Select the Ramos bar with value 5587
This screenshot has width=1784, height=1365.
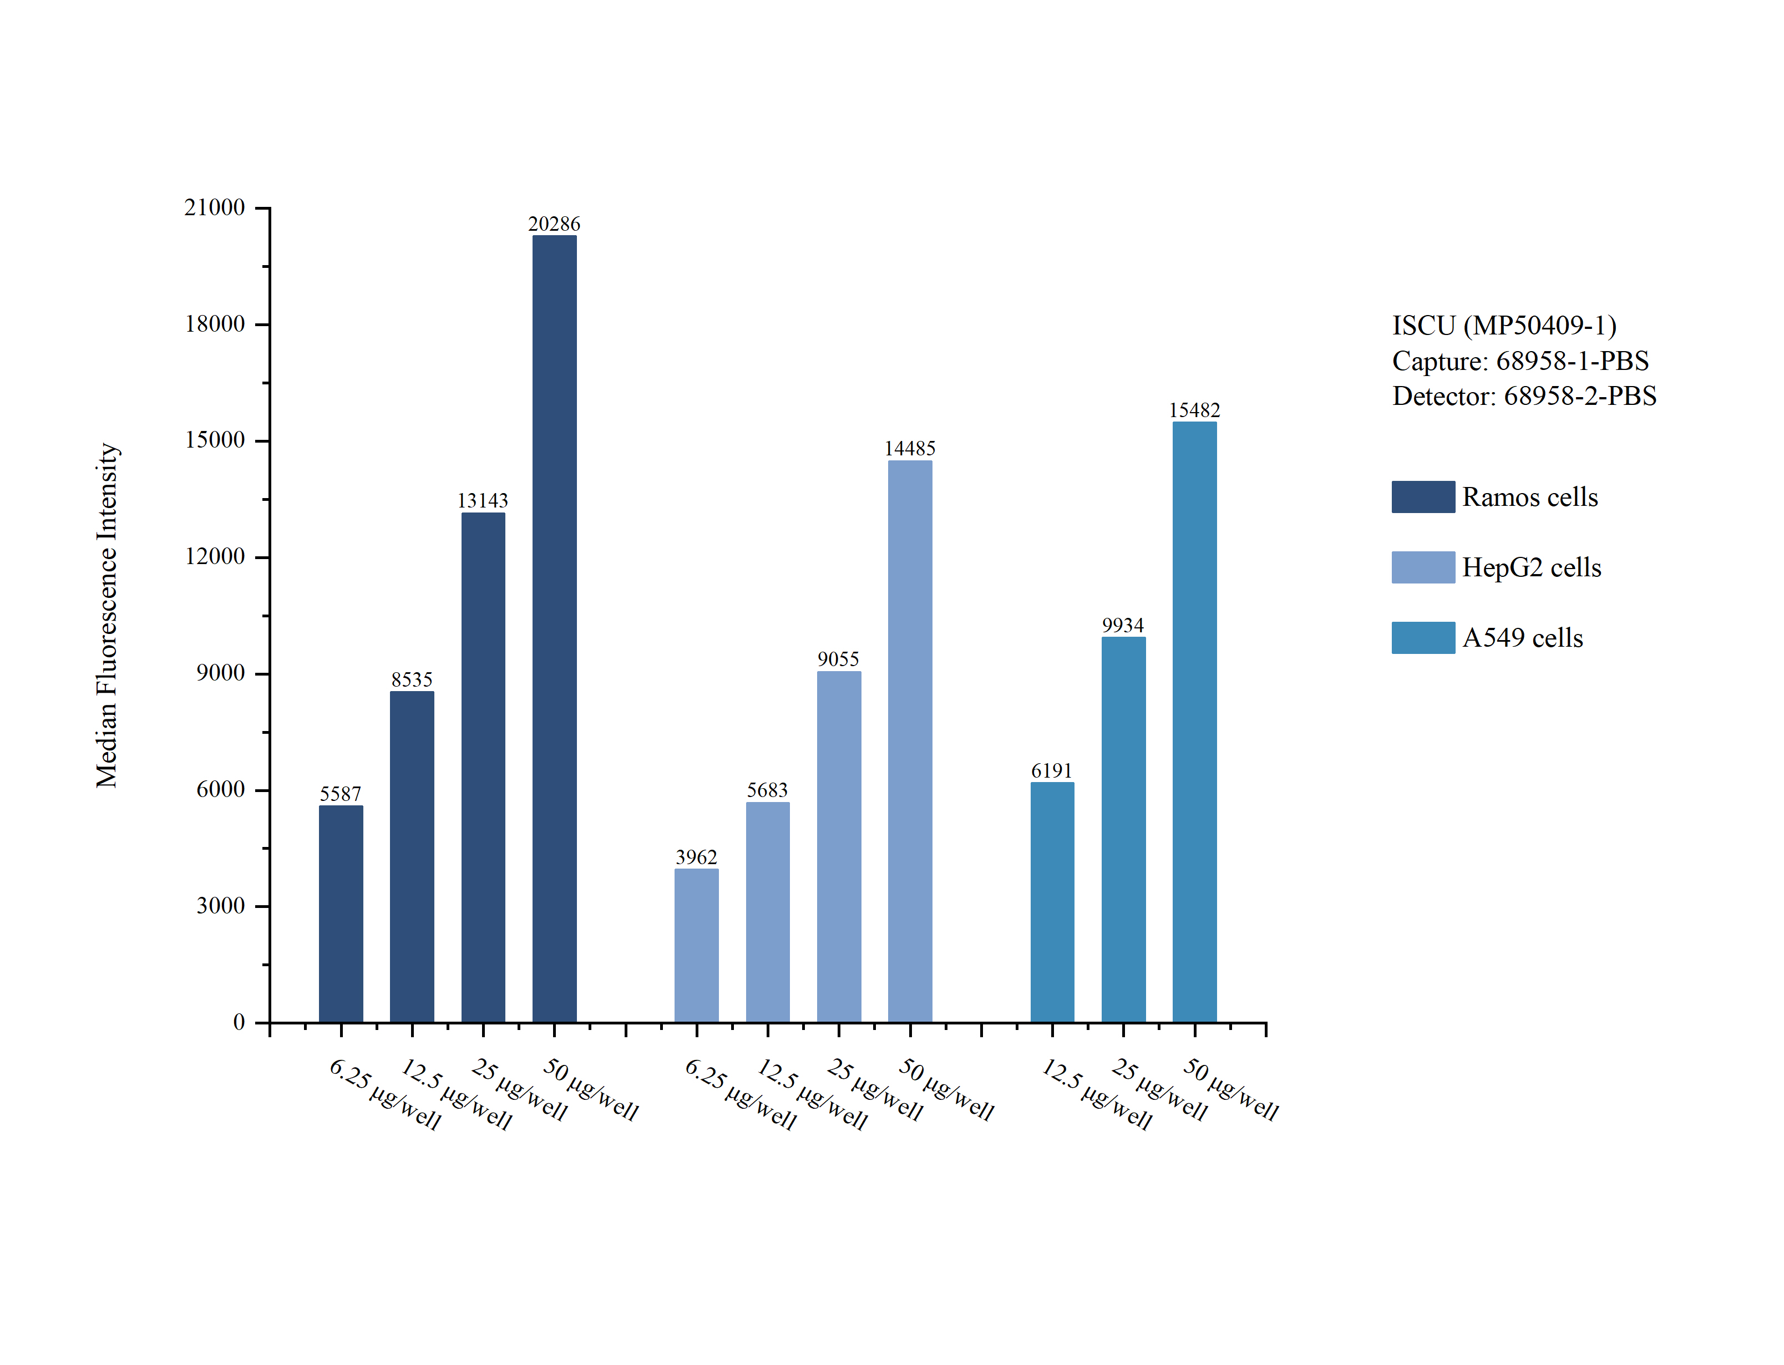click(341, 914)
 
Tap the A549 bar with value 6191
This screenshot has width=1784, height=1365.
click(1052, 902)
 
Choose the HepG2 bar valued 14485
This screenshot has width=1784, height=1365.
click(910, 741)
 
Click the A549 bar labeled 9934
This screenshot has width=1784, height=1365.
click(1123, 829)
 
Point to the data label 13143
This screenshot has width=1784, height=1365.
click(483, 500)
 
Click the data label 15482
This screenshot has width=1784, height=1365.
click(1194, 410)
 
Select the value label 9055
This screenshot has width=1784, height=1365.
click(838, 659)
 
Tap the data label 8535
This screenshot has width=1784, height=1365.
click(412, 679)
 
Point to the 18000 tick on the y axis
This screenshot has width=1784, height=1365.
click(215, 324)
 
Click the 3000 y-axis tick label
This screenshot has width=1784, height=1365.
click(220, 906)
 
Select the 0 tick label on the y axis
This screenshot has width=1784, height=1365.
click(239, 1022)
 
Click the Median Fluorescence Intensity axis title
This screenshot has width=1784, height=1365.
click(107, 615)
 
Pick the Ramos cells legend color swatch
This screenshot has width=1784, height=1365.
click(1422, 496)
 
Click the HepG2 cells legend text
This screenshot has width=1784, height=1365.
click(1532, 567)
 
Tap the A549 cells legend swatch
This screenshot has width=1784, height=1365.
click(1422, 638)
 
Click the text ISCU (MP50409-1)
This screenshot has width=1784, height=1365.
click(1504, 326)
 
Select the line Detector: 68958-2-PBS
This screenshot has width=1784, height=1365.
click(1524, 397)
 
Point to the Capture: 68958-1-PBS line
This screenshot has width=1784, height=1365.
click(1520, 361)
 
